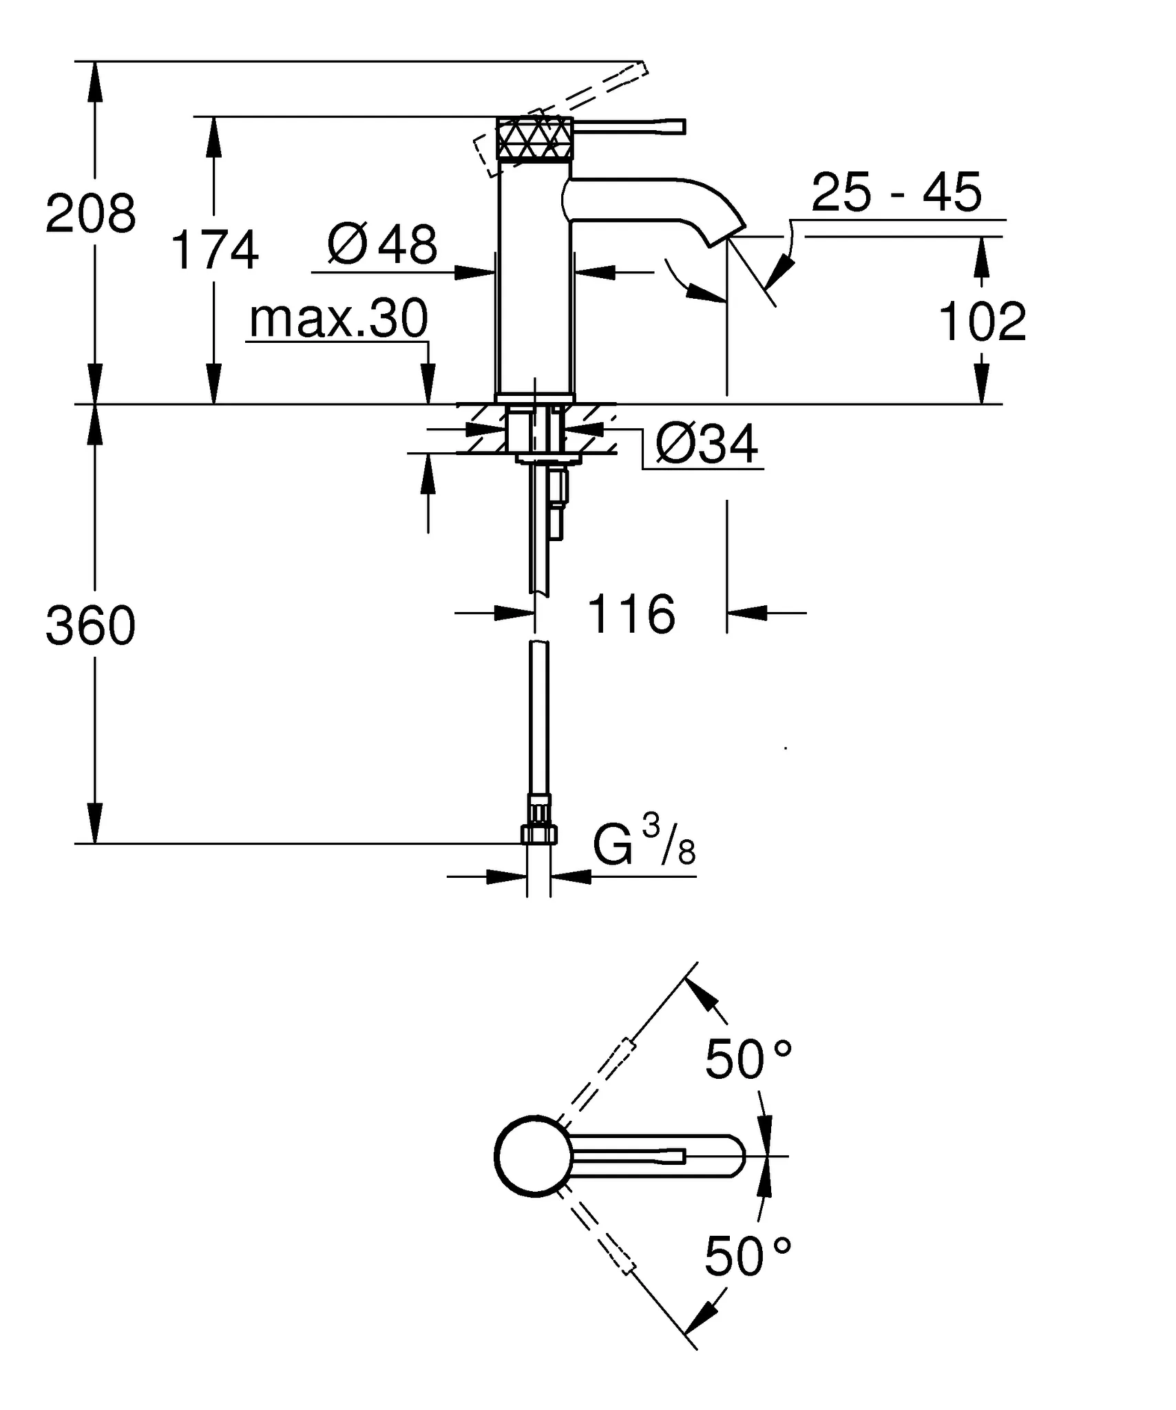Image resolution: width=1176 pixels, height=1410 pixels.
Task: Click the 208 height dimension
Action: pos(91,213)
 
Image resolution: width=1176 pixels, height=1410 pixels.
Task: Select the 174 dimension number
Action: pos(214,251)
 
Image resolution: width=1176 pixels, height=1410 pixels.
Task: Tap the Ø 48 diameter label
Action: pos(383,244)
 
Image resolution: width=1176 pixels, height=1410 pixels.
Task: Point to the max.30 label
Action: pos(338,319)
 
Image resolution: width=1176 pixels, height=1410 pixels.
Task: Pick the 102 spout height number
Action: pos(982,322)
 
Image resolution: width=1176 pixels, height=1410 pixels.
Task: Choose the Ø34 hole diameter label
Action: pos(706,444)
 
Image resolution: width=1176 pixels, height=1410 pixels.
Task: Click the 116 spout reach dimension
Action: pos(631,614)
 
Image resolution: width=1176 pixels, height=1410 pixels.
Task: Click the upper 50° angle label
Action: pos(748,1060)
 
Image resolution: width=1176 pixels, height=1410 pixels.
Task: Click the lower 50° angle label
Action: pos(748,1256)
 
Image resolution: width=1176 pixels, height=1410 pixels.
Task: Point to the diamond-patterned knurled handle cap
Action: pos(534,138)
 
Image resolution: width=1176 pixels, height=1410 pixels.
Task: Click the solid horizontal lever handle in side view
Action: pos(630,126)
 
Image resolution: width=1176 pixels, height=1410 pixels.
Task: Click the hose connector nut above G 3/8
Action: pos(538,834)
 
